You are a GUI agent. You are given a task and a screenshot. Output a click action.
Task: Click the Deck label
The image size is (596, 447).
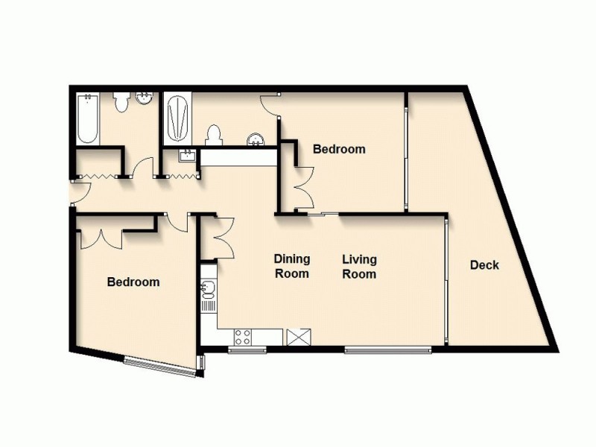484,265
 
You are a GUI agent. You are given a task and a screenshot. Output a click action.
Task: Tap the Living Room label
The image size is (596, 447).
359,267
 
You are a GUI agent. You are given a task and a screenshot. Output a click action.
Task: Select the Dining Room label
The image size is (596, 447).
291,267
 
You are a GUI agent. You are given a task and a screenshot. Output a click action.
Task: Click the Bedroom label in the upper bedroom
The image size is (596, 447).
339,149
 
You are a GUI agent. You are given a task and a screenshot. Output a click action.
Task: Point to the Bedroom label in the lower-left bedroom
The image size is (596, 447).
133,282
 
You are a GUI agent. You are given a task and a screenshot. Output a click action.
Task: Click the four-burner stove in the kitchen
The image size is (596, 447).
243,337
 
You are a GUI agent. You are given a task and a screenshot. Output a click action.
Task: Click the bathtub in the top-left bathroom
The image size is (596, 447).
88,119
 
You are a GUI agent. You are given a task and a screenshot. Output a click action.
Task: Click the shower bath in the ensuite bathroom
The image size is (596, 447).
177,119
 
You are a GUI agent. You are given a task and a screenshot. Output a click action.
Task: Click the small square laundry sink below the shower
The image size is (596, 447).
187,155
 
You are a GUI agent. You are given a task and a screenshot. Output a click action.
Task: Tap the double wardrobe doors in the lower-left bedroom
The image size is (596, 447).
101,236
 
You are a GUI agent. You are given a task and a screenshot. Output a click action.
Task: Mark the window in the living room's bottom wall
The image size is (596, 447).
387,348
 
